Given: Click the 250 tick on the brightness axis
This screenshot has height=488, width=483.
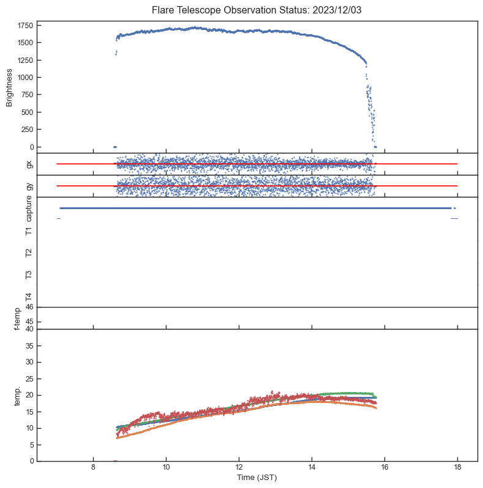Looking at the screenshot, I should point(26,130).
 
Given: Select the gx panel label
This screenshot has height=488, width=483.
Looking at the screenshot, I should point(29,164).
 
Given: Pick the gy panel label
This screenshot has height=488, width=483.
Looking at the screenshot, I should point(29,186).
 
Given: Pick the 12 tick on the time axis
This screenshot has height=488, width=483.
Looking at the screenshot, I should point(239,467).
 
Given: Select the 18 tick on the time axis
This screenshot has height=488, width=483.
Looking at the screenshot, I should point(457,467).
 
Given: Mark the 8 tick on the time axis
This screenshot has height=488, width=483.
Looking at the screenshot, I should point(93,467).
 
